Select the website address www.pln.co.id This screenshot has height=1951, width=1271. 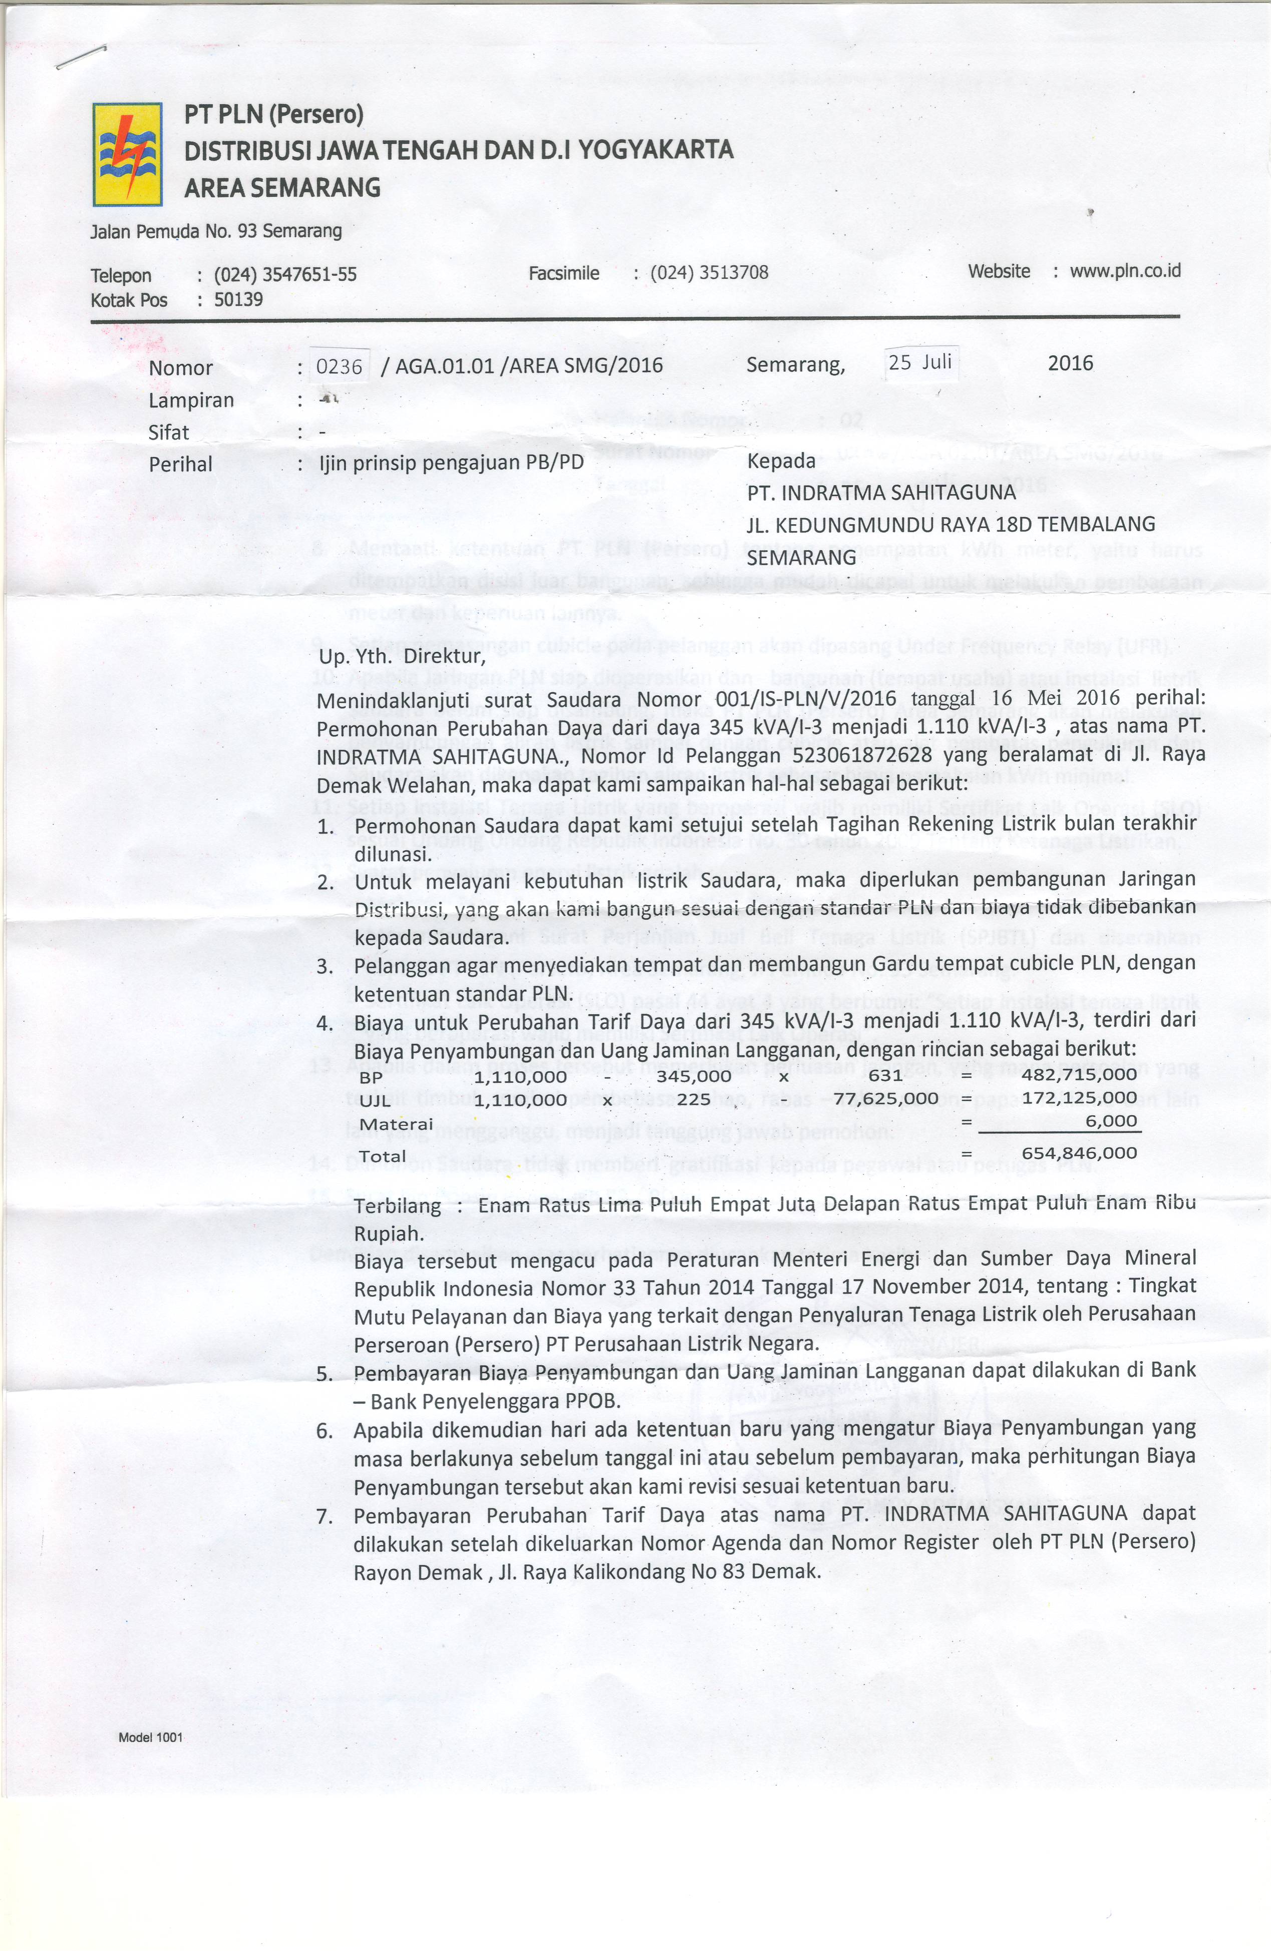1125,270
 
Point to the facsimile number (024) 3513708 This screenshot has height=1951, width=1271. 709,272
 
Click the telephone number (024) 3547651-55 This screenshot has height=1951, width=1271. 285,275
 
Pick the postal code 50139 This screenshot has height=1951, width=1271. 238,299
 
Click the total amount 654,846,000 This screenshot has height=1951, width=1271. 1079,1152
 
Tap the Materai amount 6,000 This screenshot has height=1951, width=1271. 1111,1120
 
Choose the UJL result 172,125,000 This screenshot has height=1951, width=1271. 1079,1097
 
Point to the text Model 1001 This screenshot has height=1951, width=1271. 151,1738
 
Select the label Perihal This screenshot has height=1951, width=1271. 180,465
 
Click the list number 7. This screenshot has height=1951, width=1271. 325,1516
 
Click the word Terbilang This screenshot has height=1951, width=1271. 397,1207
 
